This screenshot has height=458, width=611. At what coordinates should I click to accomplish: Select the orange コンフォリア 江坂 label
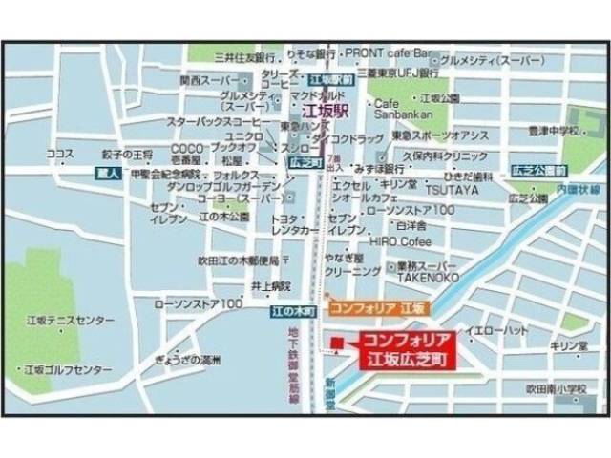[378, 308]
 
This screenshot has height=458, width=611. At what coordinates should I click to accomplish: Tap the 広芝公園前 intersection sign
[536, 168]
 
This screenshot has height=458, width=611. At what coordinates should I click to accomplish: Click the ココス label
[59, 154]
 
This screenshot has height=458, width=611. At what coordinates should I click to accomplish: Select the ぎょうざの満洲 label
[186, 361]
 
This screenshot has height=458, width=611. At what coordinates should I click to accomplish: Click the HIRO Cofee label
[401, 242]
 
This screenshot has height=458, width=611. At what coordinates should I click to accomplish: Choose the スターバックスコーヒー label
[215, 123]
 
